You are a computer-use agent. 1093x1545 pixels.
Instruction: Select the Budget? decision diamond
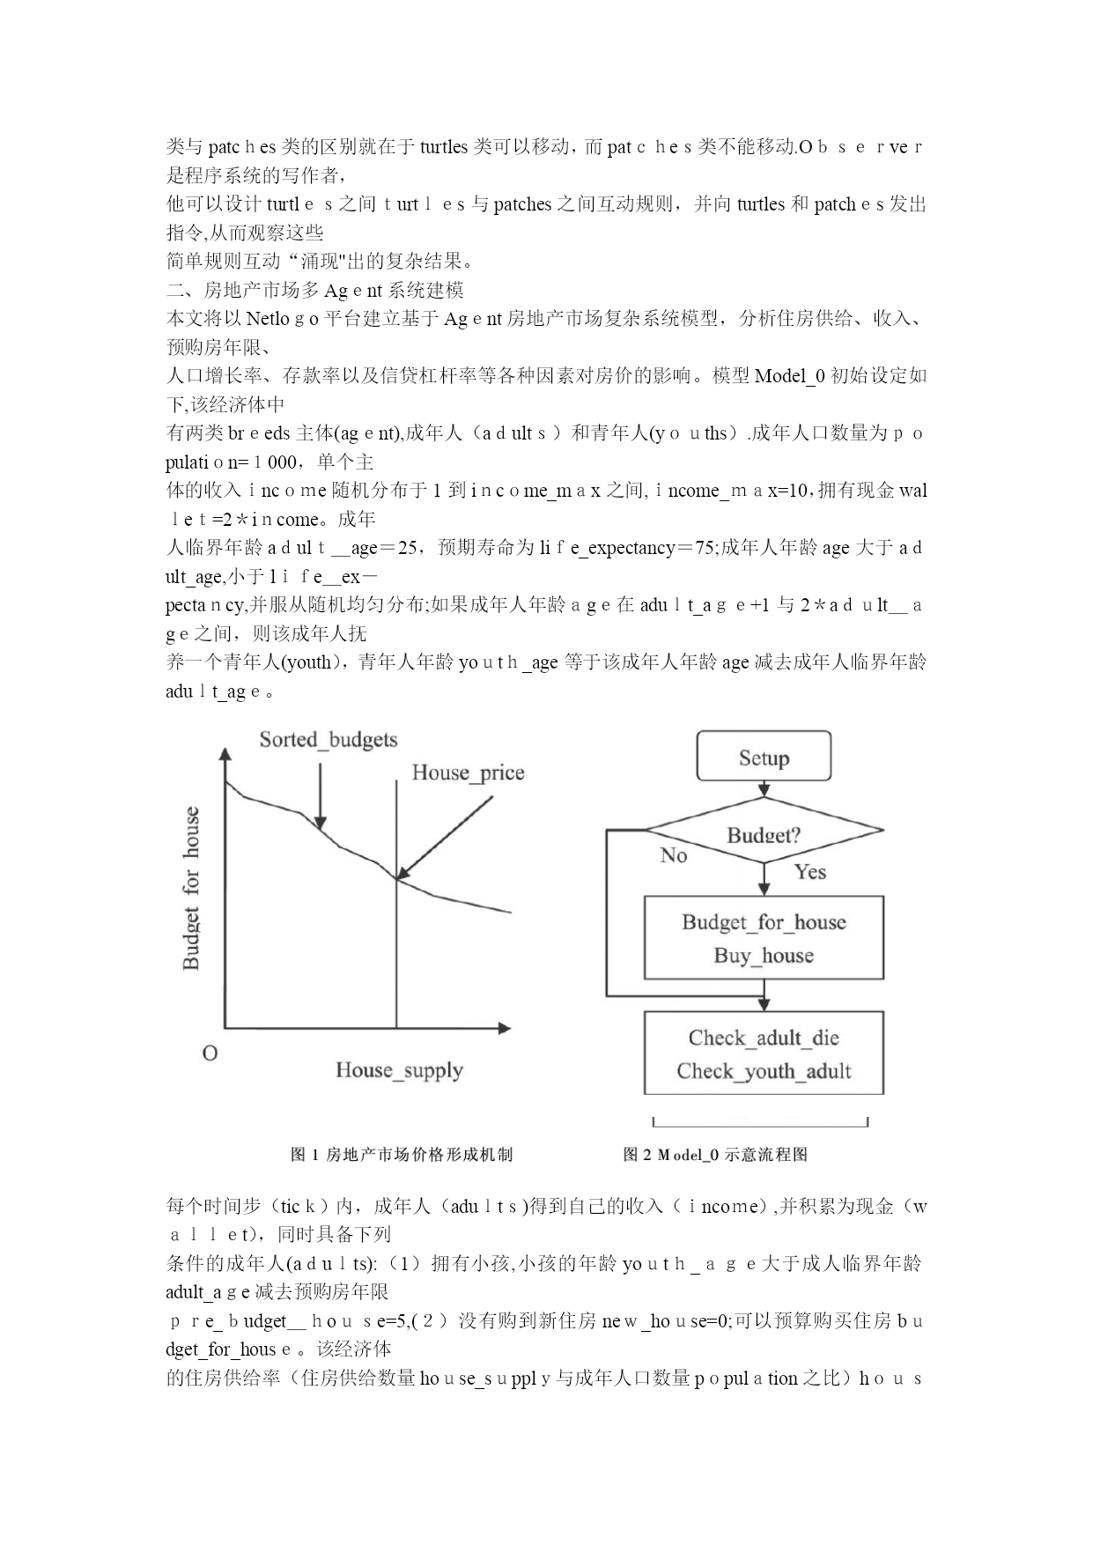click(764, 832)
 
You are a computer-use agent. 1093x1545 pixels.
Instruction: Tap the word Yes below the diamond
click(810, 872)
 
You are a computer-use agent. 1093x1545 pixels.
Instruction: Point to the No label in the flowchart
click(674, 855)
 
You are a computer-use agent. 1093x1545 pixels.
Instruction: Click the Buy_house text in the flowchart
click(764, 956)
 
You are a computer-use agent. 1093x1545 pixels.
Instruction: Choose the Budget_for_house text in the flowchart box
click(764, 922)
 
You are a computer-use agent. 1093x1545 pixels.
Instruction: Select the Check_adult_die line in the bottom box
click(764, 1038)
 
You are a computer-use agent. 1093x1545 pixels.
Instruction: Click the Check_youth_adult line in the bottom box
click(764, 1071)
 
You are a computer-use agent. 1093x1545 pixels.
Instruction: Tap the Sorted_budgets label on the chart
click(329, 740)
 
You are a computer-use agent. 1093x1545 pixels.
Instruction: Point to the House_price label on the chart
click(468, 773)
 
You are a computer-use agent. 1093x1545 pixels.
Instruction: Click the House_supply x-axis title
click(399, 1070)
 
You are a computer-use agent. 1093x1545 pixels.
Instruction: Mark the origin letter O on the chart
click(210, 1053)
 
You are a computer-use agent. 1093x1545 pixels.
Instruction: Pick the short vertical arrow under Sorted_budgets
click(320, 795)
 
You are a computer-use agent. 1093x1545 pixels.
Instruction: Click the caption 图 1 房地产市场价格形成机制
click(402, 1155)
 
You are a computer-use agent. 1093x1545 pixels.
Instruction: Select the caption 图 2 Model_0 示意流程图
click(715, 1155)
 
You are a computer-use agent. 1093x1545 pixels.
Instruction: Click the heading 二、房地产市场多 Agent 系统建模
click(315, 290)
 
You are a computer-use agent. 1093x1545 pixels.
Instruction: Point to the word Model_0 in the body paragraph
click(790, 376)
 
